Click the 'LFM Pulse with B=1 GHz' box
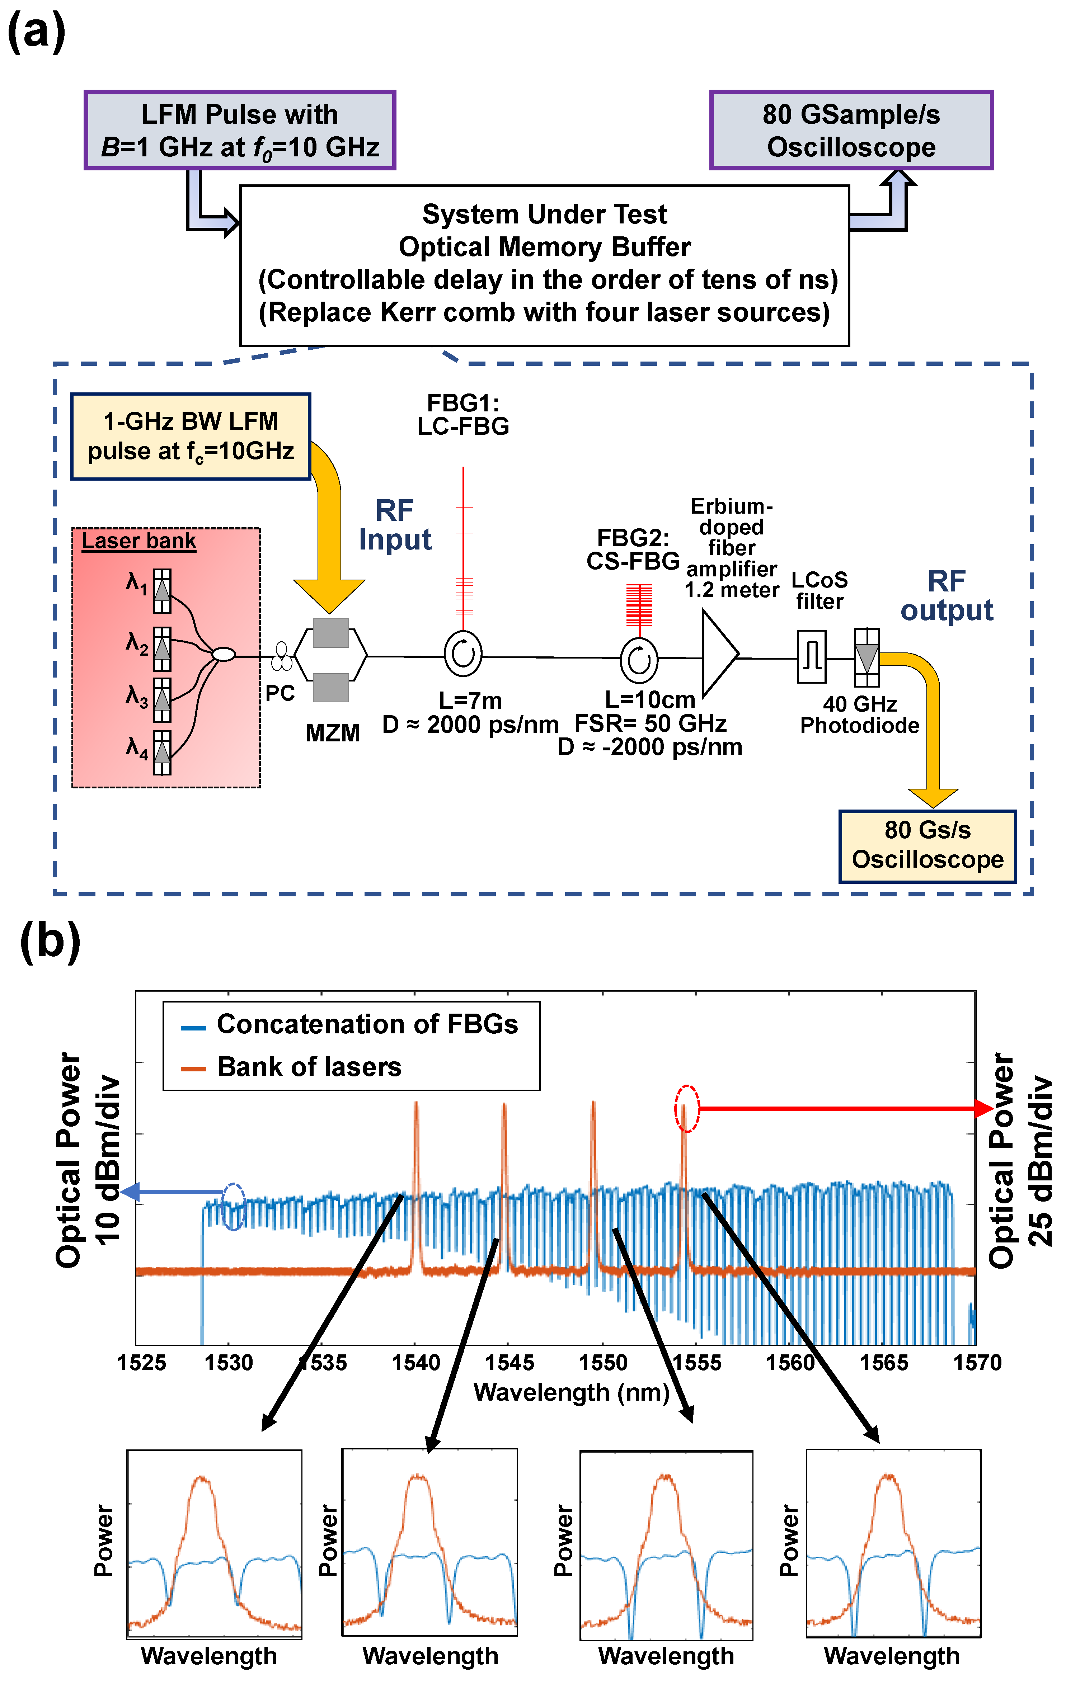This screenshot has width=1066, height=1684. coord(240,130)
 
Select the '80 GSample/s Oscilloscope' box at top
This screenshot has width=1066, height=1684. coord(851,130)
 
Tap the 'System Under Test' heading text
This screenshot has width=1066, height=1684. coord(544,214)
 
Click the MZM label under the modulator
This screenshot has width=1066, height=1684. coord(333,733)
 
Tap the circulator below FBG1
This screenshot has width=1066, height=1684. coord(463,655)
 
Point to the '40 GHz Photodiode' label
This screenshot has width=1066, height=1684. coord(860,715)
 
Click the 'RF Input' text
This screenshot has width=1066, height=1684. coord(395,525)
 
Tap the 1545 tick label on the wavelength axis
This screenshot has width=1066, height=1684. coord(509,1362)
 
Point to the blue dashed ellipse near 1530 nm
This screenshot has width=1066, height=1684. coord(233,1206)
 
